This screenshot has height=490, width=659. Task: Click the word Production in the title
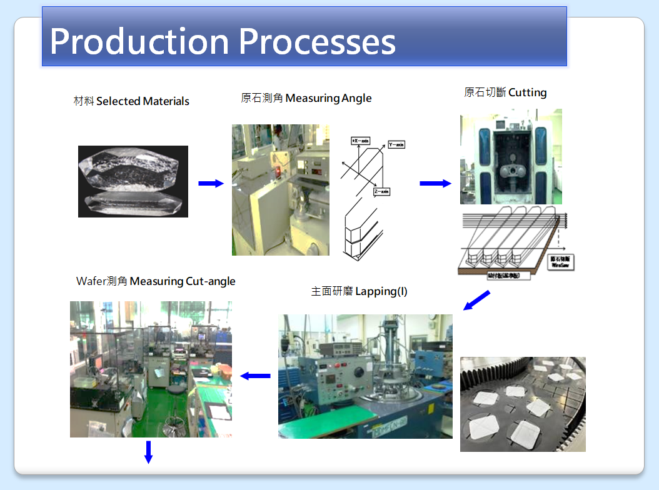(139, 42)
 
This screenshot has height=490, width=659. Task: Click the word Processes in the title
(317, 42)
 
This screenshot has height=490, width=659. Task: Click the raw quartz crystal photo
(133, 181)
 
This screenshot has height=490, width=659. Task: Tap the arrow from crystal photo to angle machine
(211, 183)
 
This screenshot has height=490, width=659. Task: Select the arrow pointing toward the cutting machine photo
(435, 183)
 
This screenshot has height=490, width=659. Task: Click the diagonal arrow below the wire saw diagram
(476, 301)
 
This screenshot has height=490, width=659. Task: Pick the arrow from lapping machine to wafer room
(255, 376)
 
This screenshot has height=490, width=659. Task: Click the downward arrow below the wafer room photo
(148, 451)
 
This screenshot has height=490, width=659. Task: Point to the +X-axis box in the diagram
(361, 141)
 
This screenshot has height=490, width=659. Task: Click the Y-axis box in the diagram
(396, 144)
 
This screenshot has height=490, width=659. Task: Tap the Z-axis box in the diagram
(381, 191)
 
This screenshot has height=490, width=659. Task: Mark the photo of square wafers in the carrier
(523, 404)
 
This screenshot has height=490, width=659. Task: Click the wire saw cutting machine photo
(511, 156)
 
